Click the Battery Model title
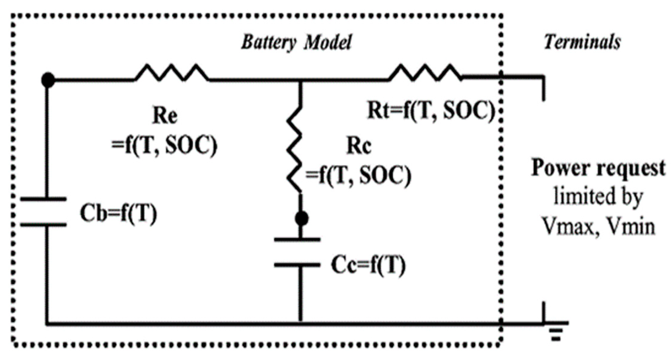point(296,42)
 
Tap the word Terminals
point(582,42)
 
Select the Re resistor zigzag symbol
point(172,73)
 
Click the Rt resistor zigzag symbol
point(425,73)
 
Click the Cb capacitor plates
point(44,212)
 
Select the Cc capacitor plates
point(297,252)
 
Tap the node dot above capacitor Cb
point(48,80)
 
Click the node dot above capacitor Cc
point(301,218)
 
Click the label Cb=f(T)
point(118,213)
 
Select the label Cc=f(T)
point(368,266)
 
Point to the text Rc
point(359,146)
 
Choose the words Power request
point(598,168)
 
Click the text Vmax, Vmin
point(598,226)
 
